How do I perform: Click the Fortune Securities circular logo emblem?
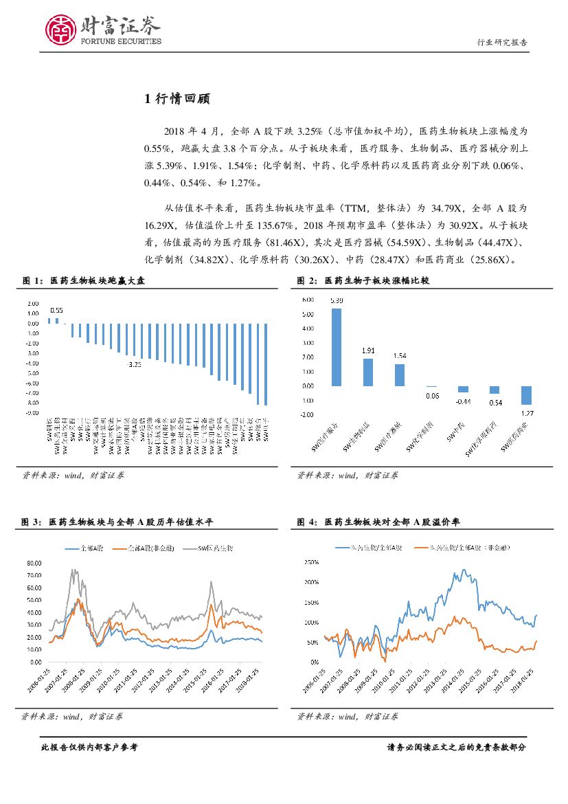point(60,30)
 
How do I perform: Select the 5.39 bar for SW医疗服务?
point(337,347)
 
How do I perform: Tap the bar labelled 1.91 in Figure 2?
point(368,372)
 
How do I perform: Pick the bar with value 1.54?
point(400,375)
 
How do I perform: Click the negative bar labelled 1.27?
point(526,394)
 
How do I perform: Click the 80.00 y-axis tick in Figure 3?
point(33,563)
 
